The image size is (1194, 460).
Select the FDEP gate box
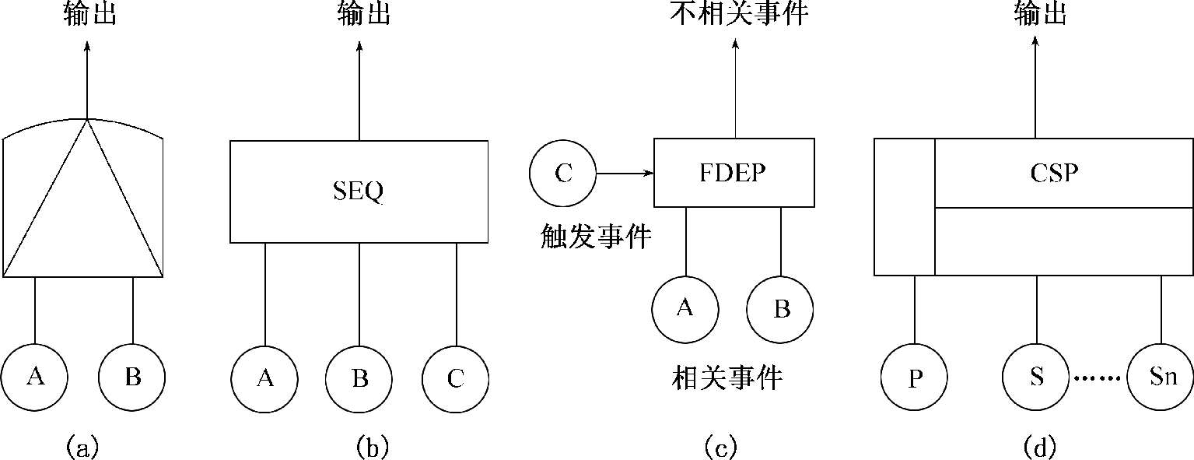tap(734, 173)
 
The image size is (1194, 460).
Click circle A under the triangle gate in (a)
tap(34, 377)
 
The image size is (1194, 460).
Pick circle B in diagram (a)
tap(132, 377)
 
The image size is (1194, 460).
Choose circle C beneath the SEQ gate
tap(456, 379)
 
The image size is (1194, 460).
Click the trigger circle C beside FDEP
tap(562, 173)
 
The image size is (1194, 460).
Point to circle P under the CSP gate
tap(915, 379)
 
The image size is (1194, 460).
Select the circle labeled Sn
tap(1160, 379)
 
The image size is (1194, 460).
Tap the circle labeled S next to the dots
tap(1036, 379)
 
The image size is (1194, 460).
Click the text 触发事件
tap(596, 237)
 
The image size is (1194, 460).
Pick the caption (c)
tap(720, 447)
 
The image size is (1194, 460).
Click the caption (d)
tap(1040, 447)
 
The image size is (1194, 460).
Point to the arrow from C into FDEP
tap(625, 173)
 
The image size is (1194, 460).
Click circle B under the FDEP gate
tap(780, 309)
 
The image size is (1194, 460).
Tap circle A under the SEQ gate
tap(264, 379)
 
